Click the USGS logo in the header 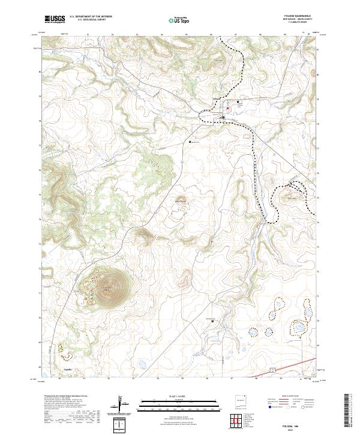pos(55,20)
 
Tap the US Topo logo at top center pos(180,20)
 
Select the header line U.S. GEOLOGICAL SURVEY pos(91,21)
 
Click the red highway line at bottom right pos(300,361)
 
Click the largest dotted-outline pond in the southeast pos(297,328)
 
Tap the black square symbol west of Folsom pos(190,142)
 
